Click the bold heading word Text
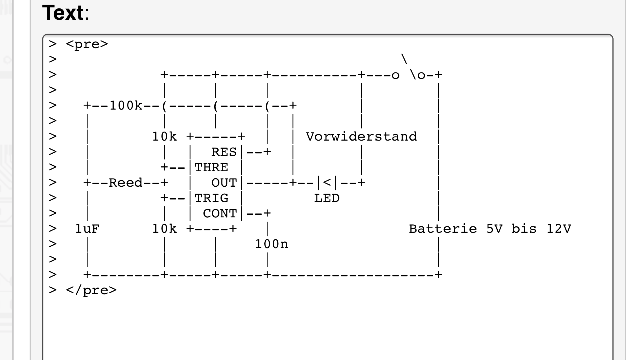pos(63,13)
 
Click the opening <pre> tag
pos(87,44)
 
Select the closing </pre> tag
pos(91,290)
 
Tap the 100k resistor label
pos(126,106)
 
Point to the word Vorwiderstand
pos(361,137)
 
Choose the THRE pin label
pos(211,168)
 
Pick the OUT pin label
pos(224,183)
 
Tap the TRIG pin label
pos(211,198)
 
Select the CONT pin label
pos(220,214)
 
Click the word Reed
pos(126,183)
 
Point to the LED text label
pos(327,198)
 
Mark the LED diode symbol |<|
pos(327,183)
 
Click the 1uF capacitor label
pos(87,229)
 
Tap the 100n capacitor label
pos(271,244)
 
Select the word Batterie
pos(443,229)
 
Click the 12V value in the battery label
pos(559,229)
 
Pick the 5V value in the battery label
pos(494,229)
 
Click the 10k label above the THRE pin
pos(164,137)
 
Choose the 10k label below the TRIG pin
pos(164,229)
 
